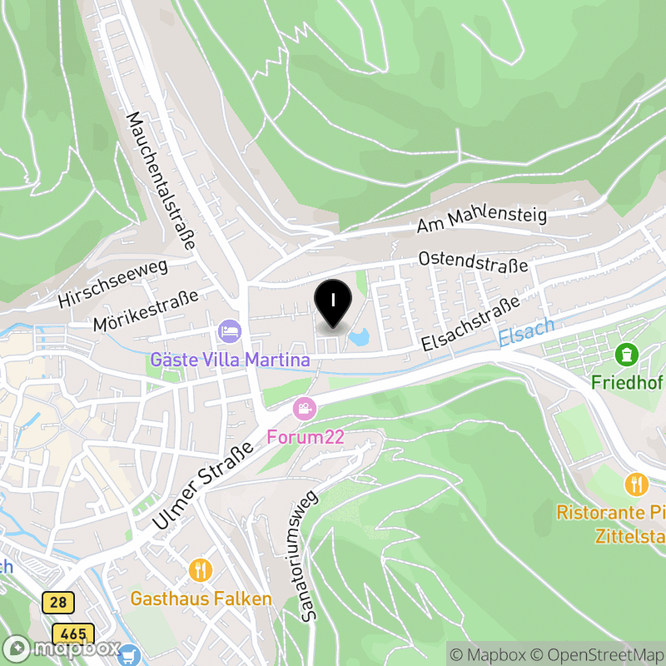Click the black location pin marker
point(333,302)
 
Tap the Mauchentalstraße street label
point(160,181)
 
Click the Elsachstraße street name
point(470,324)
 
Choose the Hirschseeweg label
point(113,283)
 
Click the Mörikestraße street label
point(147,310)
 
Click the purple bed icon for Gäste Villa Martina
point(228,332)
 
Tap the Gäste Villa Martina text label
point(231,360)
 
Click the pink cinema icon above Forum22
point(305,409)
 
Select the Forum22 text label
point(306,437)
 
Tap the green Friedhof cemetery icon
point(625,355)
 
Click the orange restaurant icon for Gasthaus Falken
point(201,570)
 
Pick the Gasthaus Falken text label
point(201,599)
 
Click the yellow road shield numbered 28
point(59,602)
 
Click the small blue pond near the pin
point(360,337)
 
